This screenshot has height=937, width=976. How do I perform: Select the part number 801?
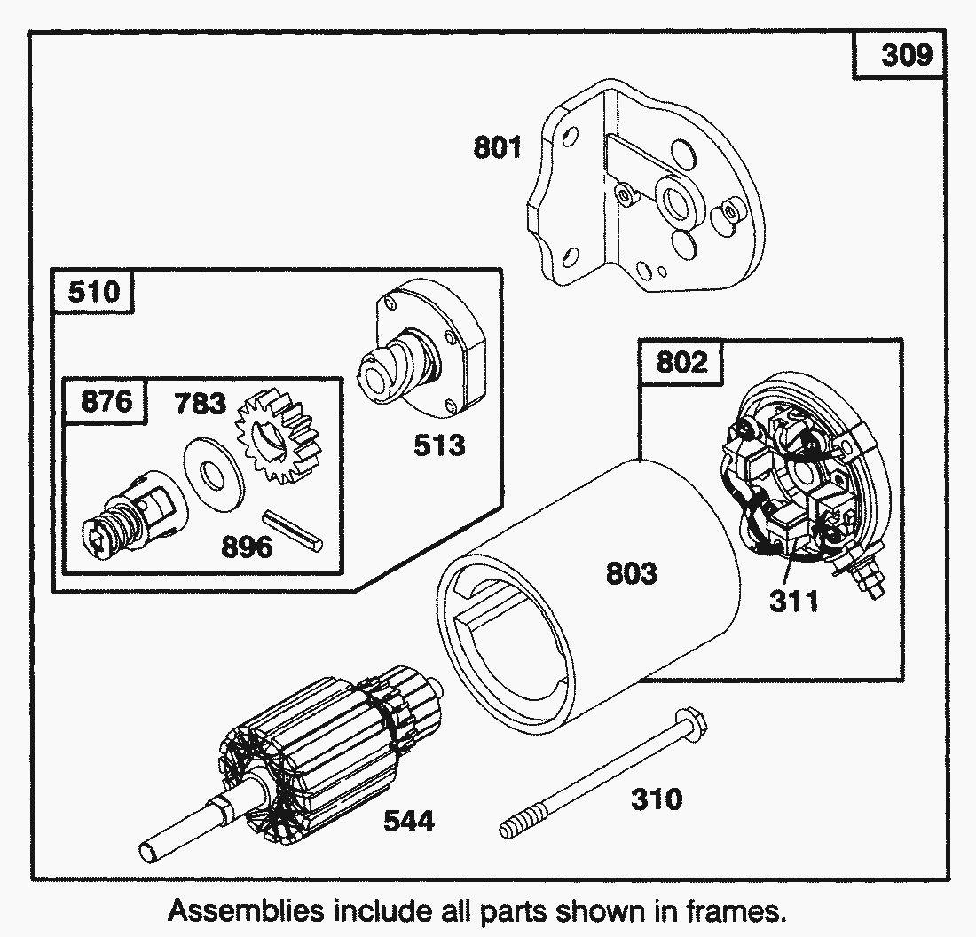[x=498, y=147]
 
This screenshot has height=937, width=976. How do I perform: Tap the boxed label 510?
[x=93, y=290]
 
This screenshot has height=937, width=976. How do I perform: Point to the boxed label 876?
[x=106, y=402]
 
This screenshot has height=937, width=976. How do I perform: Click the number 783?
[x=201, y=404]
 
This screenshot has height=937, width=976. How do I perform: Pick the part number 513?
[x=439, y=445]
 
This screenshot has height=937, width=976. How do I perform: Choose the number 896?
[x=247, y=547]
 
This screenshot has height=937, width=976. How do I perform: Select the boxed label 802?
[x=681, y=362]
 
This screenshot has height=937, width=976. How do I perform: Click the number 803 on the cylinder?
[x=632, y=573]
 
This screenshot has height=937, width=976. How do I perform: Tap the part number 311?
[x=794, y=602]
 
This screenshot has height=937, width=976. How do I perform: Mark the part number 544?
[x=409, y=822]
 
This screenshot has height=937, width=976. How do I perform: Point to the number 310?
[x=657, y=799]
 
